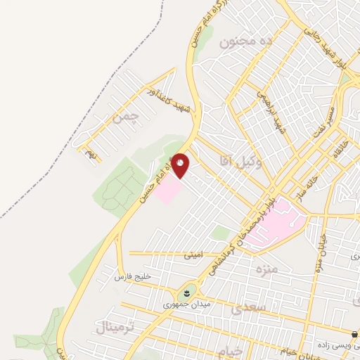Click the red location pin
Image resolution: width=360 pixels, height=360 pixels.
tap(181, 165)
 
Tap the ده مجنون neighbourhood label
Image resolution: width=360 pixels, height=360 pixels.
tap(246, 41)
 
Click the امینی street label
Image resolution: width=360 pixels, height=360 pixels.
tap(193, 256)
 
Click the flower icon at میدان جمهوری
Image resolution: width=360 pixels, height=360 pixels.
tap(188, 292)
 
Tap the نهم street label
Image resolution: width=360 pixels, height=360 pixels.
tap(90, 154)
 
